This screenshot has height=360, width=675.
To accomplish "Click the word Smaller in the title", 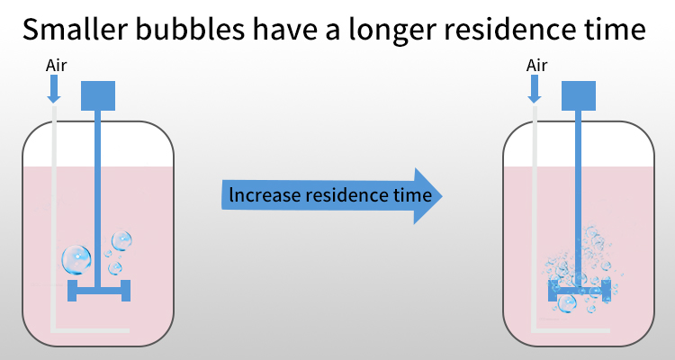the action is tap(76, 29).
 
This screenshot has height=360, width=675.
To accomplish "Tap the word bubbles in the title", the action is tap(190, 29).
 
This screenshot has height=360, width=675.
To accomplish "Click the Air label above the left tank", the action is tap(57, 66).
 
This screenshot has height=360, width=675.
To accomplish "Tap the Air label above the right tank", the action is tap(536, 66).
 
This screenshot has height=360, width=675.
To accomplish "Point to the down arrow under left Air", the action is tap(53, 89).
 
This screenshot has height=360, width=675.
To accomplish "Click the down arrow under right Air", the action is tap(535, 89).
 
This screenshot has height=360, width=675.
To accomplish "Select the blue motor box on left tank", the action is tap(98, 95).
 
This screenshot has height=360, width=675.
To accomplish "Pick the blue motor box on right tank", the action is tap(579, 95).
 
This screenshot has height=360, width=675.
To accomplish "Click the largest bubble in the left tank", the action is tap(76, 260).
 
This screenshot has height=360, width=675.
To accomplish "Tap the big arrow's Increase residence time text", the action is tap(330, 195).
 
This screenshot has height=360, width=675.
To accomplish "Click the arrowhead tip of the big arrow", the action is tap(442, 196).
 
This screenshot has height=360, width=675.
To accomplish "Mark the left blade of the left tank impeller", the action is tap(72, 291).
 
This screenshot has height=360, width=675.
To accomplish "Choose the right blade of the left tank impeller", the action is tap(126, 291).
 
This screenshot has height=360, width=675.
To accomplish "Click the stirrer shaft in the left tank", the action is tap(98, 199).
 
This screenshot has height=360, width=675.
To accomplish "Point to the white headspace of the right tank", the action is tap(579, 145).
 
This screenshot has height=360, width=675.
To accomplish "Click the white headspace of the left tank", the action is tap(98, 145).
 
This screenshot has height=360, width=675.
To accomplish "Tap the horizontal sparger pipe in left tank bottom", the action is tap(90, 330).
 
